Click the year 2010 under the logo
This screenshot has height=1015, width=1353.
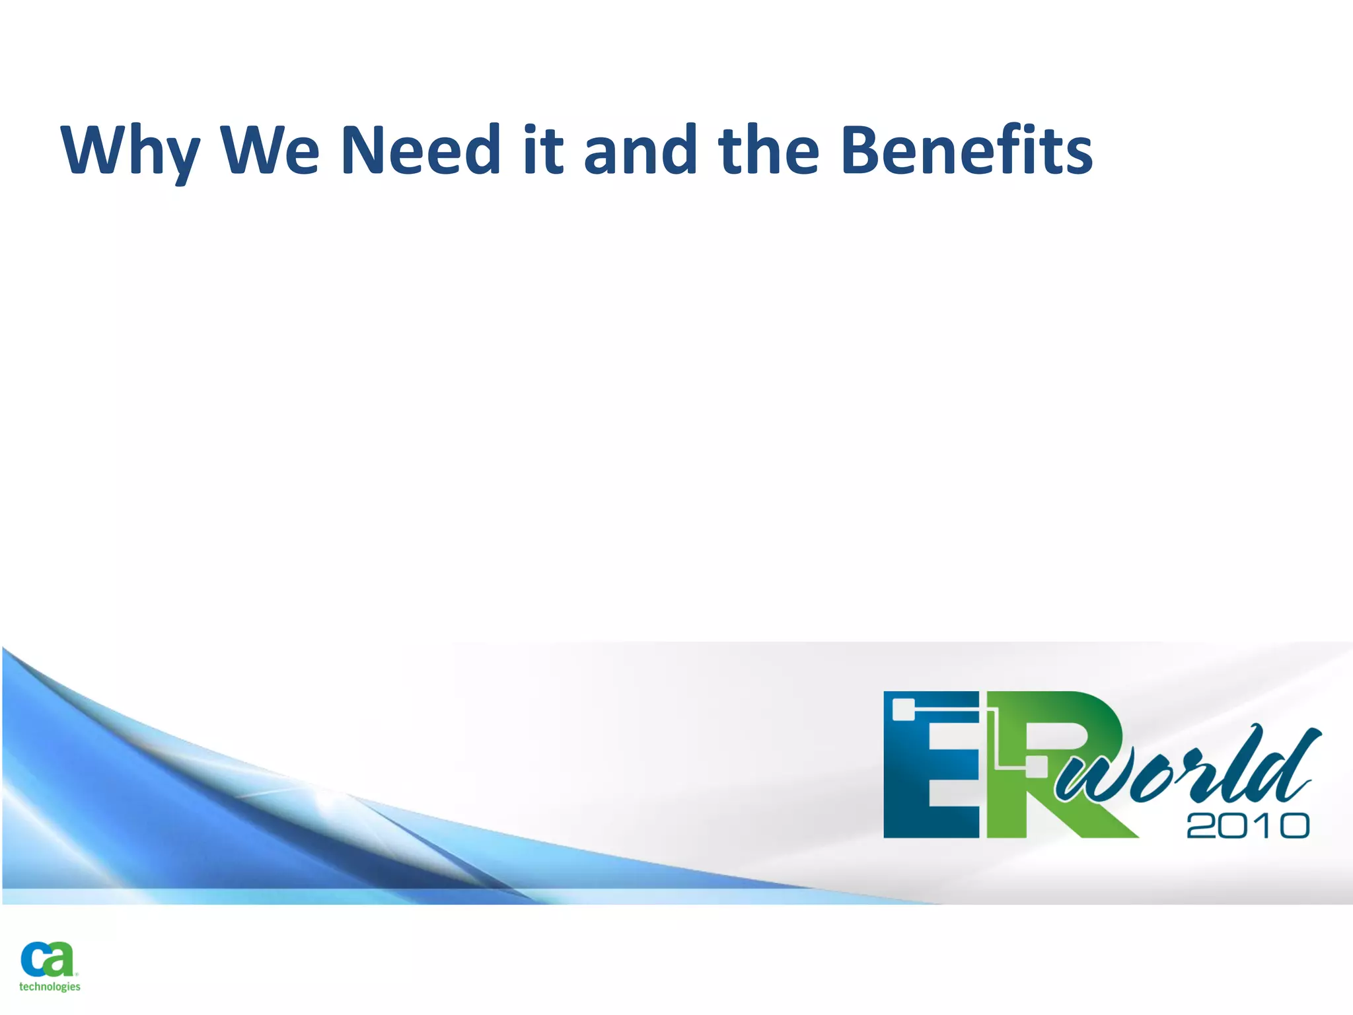1247,826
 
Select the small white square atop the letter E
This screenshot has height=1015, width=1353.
903,710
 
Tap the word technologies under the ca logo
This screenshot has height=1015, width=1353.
50,987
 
